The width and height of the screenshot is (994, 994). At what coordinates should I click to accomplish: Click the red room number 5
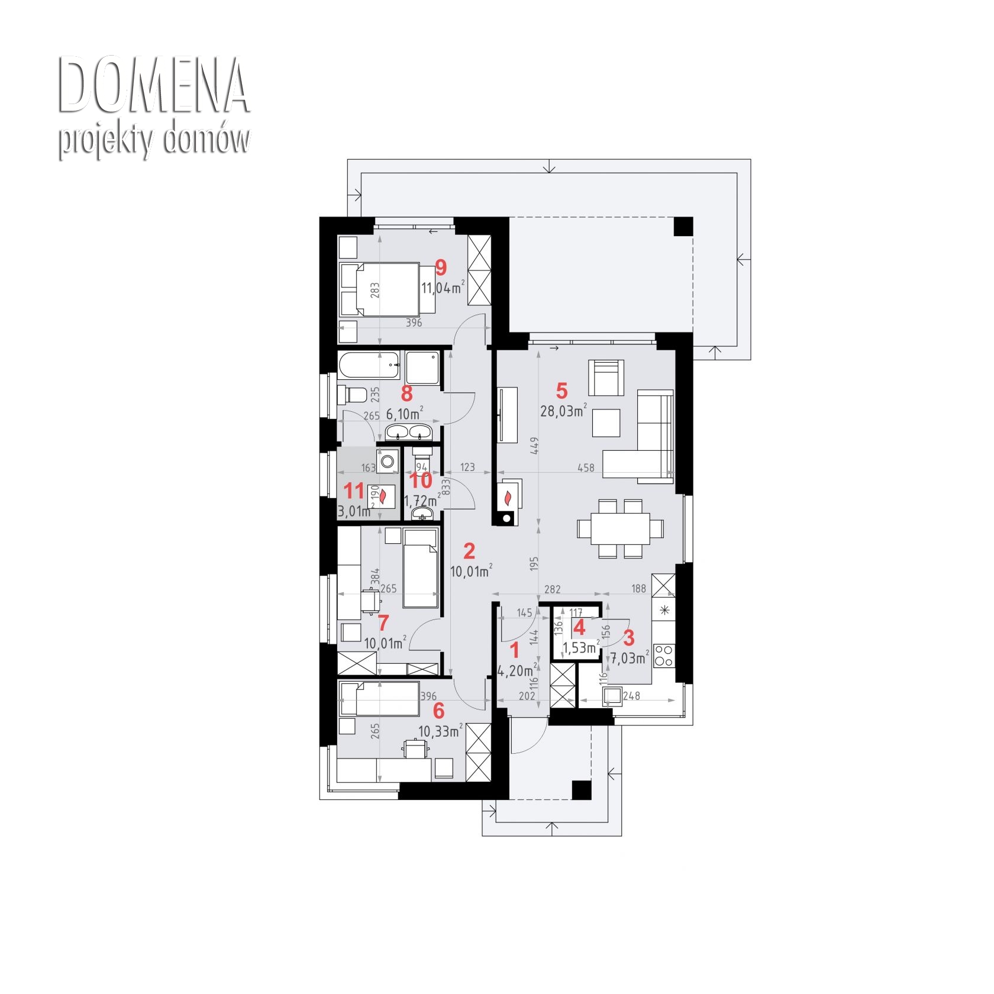561,390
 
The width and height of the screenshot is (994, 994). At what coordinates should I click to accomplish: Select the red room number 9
441,267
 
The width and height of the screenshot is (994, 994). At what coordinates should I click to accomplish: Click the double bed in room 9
387,289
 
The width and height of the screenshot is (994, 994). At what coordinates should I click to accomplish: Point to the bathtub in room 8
370,366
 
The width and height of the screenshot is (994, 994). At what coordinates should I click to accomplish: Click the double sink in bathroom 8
410,433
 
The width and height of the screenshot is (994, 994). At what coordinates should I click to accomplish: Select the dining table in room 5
620,528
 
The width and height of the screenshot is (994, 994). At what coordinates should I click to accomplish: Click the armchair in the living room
606,377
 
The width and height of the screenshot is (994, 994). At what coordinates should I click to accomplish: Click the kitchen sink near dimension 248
612,696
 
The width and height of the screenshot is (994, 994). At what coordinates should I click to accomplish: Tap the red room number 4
579,628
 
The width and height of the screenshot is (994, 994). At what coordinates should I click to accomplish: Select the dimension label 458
586,467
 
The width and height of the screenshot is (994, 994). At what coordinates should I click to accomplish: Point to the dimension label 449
534,446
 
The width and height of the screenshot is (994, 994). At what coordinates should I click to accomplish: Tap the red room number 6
438,710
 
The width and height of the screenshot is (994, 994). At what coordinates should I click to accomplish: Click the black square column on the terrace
683,227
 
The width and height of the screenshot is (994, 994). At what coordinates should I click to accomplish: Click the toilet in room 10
422,457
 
